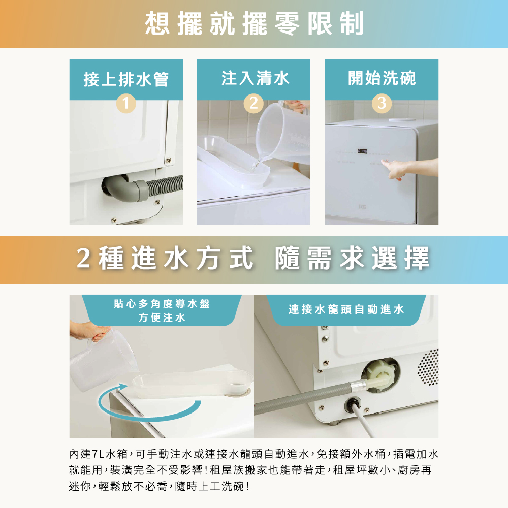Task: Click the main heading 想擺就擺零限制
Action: [255, 23]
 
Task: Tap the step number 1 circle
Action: [126, 103]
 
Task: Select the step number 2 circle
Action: [253, 103]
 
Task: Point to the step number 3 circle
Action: [382, 103]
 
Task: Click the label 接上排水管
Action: [126, 79]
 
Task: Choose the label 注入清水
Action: [255, 78]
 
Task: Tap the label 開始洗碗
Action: [382, 78]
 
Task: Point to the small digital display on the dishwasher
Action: [362, 151]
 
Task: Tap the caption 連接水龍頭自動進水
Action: [346, 309]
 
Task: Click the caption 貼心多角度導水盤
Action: [162, 304]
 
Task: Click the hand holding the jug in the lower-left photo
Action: [89, 331]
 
